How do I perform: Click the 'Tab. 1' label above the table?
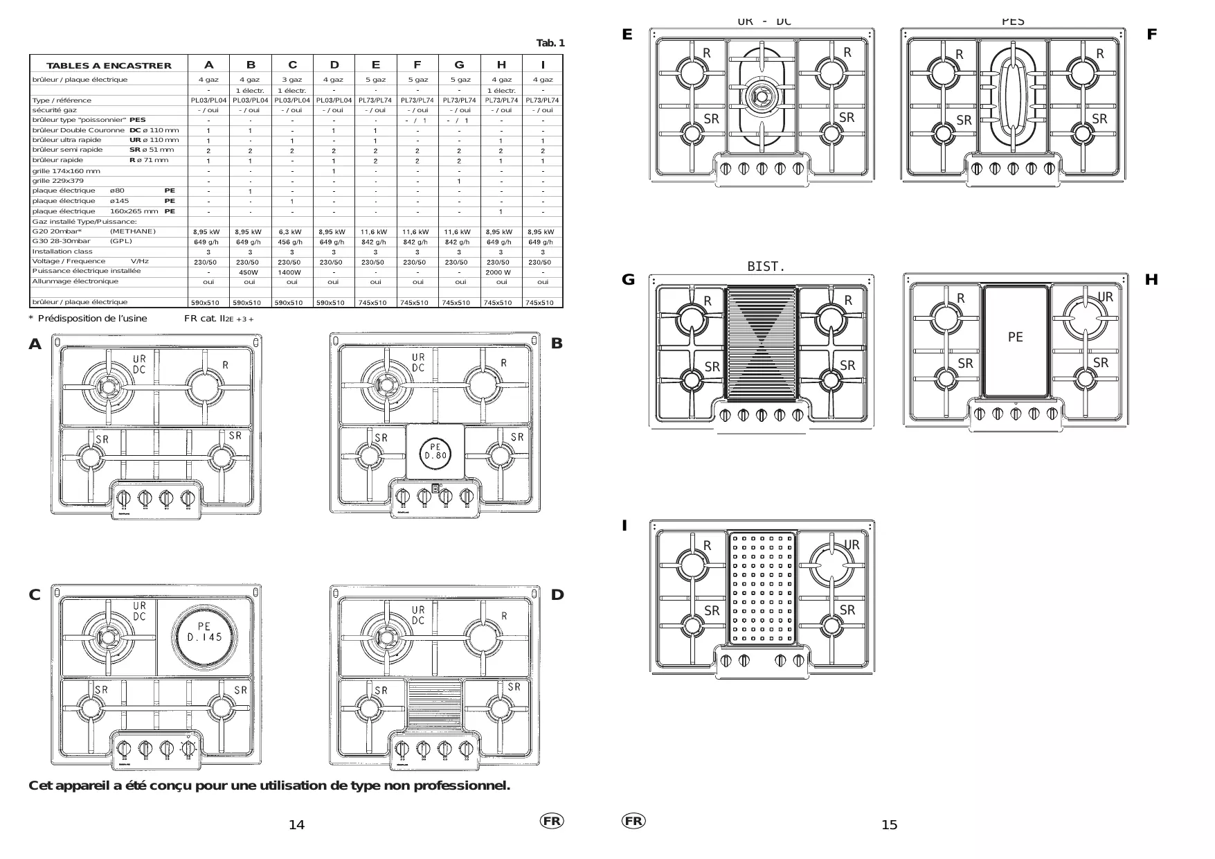click(550, 44)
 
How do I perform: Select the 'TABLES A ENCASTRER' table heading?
click(109, 66)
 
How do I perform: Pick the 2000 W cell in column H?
click(498, 272)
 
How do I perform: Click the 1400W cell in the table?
click(289, 272)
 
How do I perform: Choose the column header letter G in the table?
click(459, 65)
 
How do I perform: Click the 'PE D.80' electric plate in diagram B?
click(435, 452)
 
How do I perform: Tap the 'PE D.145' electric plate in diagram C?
click(205, 632)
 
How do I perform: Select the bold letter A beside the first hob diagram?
click(35, 344)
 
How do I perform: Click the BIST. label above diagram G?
click(766, 267)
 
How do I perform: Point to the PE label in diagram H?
click(1015, 337)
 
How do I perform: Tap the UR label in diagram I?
click(852, 545)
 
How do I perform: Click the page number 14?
click(296, 824)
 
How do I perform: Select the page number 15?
click(889, 824)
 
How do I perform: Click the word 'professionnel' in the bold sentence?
click(460, 786)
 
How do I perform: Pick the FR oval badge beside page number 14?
click(551, 821)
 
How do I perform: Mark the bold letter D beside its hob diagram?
click(557, 595)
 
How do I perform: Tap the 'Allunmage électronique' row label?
click(75, 281)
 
